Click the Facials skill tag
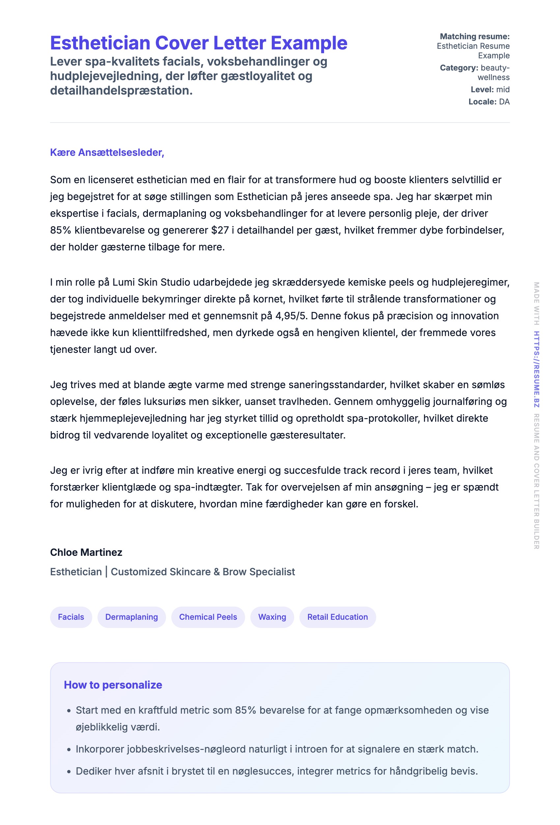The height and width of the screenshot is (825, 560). pos(71,617)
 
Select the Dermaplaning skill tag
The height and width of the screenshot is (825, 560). pos(131,617)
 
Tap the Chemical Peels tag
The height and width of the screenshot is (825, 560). pos(208,617)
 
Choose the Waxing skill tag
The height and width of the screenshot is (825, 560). pos(272,617)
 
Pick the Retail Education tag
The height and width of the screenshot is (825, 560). pos(338,617)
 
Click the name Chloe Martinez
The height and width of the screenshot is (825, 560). pos(86,553)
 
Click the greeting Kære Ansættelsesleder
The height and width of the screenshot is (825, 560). pos(107,152)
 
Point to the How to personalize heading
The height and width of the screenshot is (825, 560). pos(113,685)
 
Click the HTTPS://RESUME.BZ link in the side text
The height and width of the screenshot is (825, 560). pos(537,369)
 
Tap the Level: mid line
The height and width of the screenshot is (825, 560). pos(490,90)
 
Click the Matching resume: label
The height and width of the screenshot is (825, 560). pos(474,36)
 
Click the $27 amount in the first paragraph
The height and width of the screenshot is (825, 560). pos(220,230)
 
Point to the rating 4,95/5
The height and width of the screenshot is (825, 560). pos(291,316)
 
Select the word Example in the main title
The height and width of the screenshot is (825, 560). pos(309,43)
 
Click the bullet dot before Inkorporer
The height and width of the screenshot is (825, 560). pos(69,750)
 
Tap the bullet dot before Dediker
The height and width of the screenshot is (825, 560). pos(69,772)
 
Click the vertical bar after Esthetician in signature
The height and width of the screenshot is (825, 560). pos(106,572)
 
